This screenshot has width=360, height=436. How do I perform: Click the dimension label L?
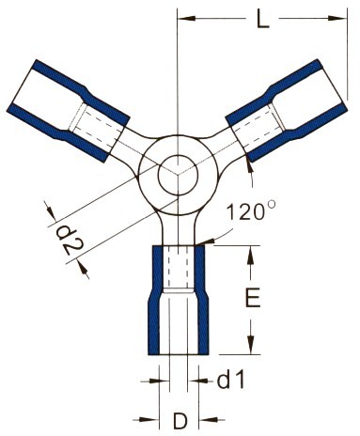point(262,20)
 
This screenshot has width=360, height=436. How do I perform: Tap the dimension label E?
point(253,298)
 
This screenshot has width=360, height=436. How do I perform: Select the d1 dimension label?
point(230,381)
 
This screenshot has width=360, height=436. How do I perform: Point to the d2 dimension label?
point(70,242)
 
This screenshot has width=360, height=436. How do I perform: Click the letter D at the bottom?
point(180,421)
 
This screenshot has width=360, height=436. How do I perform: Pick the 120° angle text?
point(250,211)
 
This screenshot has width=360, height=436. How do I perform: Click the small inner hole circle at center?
point(178,174)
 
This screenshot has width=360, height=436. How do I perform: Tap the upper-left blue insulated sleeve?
point(69,111)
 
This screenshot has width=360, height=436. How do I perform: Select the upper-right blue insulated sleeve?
point(287,111)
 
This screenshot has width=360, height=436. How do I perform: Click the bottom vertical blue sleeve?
point(179,300)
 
